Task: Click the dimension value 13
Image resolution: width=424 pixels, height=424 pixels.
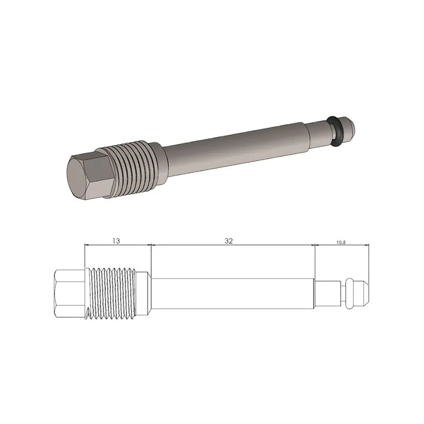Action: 116,240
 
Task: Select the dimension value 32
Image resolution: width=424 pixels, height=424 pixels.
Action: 228,240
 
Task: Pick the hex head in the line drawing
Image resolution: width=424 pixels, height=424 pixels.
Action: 67,292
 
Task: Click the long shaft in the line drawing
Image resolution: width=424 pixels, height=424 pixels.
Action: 233,292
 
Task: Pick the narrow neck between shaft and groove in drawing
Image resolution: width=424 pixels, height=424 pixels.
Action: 329,292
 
